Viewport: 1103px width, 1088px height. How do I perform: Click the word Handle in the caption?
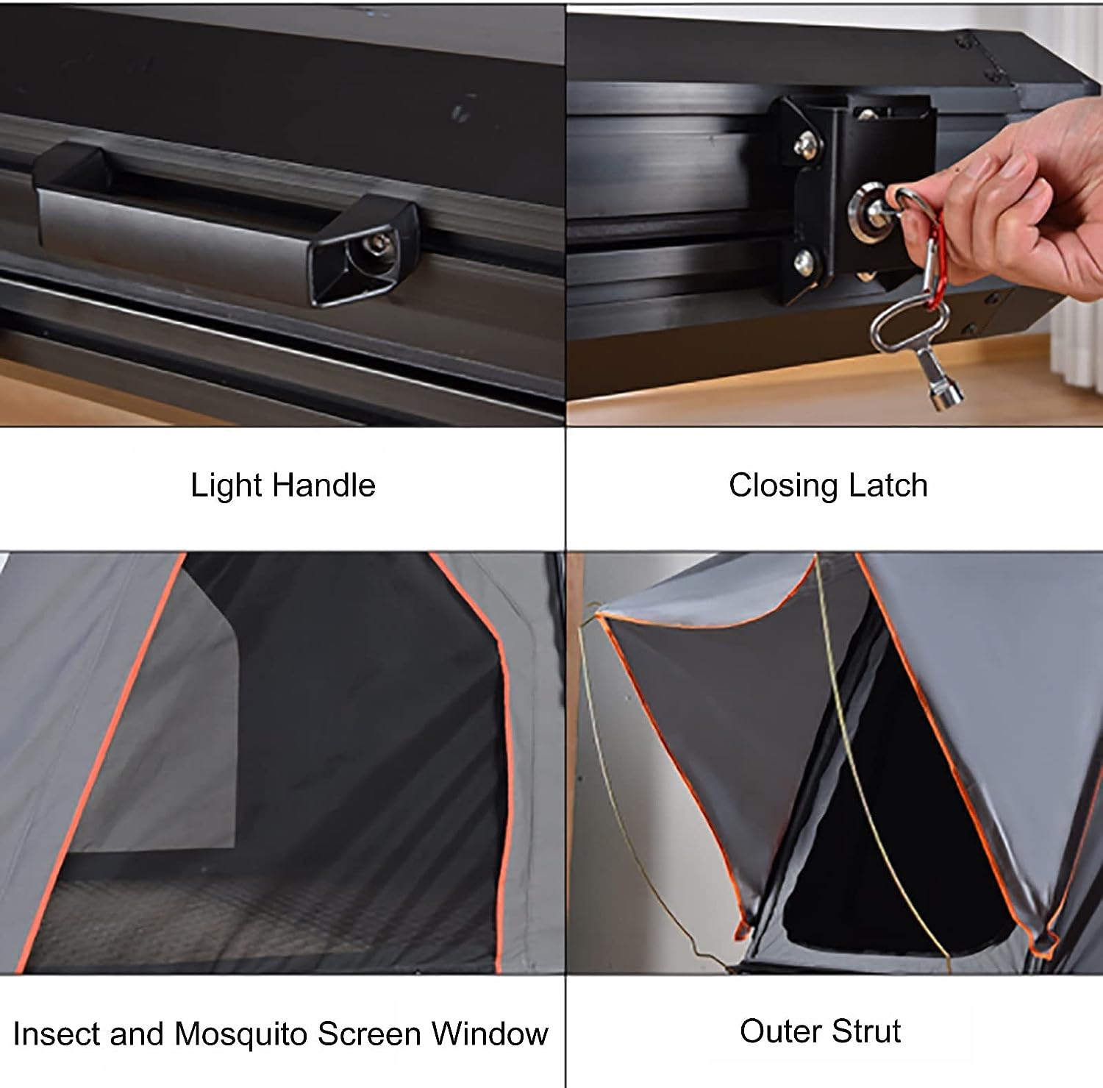(x=324, y=486)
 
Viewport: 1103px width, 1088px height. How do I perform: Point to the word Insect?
(x=56, y=1034)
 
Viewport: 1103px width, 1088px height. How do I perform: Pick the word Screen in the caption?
(x=370, y=1034)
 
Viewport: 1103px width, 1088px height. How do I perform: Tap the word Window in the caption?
(x=490, y=1034)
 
